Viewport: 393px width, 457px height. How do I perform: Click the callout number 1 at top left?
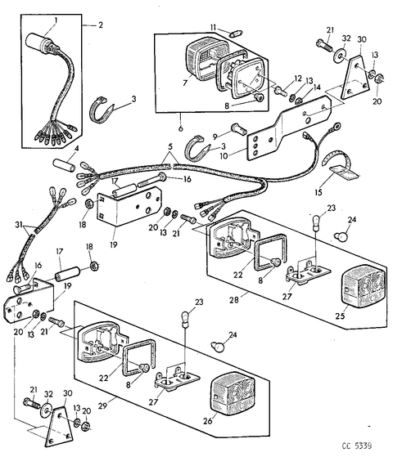pos(56,20)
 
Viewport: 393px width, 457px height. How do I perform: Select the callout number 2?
pos(101,25)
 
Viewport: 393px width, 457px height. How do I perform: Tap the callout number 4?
pos(77,149)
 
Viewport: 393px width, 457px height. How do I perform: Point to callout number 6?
pos(180,128)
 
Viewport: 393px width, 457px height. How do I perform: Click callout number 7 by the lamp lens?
pos(185,83)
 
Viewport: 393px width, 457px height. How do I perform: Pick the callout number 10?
pos(224,156)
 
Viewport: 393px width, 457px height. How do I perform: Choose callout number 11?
pos(213,28)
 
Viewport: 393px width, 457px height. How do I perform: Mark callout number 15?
pos(318,192)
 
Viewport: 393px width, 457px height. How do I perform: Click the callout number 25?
pos(340,316)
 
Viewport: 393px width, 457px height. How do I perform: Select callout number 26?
pos(208,421)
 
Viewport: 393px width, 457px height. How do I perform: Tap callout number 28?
pos(234,300)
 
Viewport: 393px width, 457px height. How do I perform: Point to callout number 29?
pos(103,405)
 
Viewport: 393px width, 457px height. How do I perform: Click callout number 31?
pos(19,225)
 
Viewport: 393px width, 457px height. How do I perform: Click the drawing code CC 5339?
pos(357,446)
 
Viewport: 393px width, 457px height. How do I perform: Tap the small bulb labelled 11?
pos(234,34)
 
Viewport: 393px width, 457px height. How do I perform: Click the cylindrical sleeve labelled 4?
pos(64,165)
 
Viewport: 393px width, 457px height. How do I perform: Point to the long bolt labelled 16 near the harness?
pos(151,180)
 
